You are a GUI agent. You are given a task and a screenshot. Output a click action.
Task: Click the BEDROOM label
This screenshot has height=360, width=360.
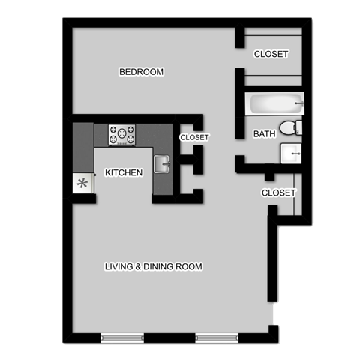coord(142,72)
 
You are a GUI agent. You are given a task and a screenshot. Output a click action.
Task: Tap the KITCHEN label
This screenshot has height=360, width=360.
coord(124,173)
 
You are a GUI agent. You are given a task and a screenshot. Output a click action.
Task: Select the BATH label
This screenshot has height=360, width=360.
coord(264,134)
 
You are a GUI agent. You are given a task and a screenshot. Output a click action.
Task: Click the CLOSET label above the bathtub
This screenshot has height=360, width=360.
coord(271,54)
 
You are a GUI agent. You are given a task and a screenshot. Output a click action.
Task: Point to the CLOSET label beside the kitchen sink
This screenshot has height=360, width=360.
coord(194,138)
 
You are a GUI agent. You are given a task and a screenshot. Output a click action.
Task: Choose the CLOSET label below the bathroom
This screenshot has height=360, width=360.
coord(279,193)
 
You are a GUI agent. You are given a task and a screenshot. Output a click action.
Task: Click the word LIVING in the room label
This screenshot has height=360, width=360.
coord(118,266)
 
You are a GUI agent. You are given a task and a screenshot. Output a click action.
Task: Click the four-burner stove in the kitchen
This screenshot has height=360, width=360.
coord(122,135)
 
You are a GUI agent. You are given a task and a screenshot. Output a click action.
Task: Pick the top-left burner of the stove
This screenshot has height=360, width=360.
coord(115,130)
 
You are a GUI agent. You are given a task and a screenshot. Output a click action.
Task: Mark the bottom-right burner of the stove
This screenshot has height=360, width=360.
coord(130,141)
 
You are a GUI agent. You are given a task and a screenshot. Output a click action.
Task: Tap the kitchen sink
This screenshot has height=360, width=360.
coord(162,163)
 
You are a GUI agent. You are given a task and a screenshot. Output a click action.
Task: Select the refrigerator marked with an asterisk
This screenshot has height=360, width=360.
coord(82,182)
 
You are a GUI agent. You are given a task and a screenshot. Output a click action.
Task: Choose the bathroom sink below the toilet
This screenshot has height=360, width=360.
coord(291,153)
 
